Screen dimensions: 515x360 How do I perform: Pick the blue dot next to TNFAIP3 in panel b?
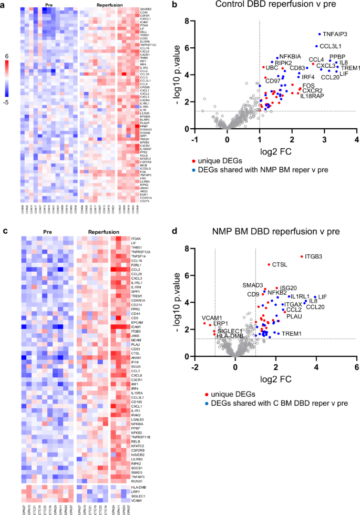click(x=319, y=34)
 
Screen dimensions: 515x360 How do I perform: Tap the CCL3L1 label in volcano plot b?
click(x=332, y=46)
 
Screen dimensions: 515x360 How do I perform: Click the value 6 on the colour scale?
click(x=6, y=55)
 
